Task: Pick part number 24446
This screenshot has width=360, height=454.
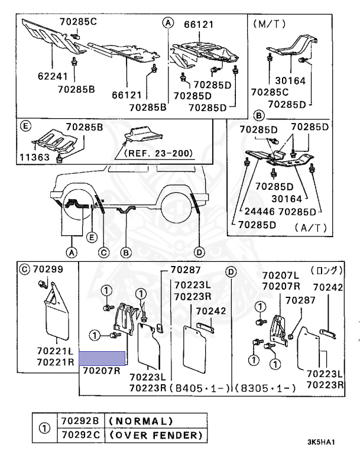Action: click(258, 210)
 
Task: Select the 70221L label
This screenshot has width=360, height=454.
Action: click(55, 351)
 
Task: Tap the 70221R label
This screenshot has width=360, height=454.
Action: click(55, 361)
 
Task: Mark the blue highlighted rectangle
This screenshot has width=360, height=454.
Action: click(102, 357)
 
